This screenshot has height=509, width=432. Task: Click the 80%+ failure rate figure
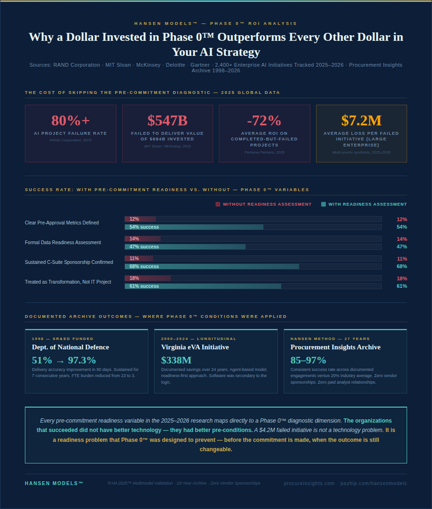(70, 121)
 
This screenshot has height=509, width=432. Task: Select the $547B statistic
(167, 121)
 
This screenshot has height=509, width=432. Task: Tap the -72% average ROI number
(264, 121)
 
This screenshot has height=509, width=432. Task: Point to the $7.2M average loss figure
(361, 121)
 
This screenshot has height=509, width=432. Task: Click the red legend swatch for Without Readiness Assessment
(218, 204)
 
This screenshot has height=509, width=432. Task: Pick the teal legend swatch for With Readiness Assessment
(324, 204)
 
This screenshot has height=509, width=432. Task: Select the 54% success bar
(194, 227)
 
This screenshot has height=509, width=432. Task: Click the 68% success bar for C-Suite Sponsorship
(212, 267)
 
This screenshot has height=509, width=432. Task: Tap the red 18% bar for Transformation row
(147, 278)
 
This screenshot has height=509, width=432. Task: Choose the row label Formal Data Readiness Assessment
(63, 243)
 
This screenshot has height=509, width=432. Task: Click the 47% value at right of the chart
(401, 247)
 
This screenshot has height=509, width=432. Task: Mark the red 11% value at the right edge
(401, 259)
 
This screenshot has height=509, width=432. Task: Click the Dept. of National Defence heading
(70, 347)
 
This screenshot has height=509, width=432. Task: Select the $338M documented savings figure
(176, 361)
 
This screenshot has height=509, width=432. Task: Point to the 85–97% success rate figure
(308, 361)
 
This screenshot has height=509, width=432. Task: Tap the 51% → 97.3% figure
(64, 361)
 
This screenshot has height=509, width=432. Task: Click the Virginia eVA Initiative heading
(195, 347)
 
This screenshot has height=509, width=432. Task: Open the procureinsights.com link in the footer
(309, 483)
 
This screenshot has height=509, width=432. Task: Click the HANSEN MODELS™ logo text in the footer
(54, 483)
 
